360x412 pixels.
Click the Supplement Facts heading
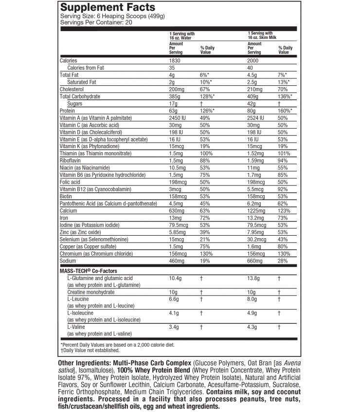point(108,7)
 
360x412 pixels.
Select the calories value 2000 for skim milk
point(253,60)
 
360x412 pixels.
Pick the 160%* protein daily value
point(286,111)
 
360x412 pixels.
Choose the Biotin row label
point(66,196)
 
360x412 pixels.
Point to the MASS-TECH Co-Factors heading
point(88,270)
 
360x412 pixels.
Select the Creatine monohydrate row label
point(91,292)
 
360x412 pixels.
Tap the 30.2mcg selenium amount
point(257,240)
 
